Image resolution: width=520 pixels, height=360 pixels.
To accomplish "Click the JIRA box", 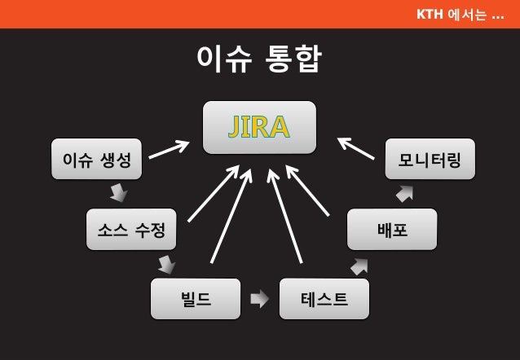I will click(x=259, y=127).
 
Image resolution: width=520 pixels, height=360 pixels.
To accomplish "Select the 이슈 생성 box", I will click(x=96, y=159).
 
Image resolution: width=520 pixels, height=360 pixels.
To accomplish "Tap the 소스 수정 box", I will click(x=131, y=229).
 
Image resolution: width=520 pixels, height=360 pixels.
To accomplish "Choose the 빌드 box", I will click(x=196, y=299).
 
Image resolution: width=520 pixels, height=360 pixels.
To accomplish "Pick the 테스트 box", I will click(x=324, y=299).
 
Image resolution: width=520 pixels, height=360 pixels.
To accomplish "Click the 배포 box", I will click(x=392, y=229).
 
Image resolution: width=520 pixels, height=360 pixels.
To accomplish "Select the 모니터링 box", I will click(x=430, y=159).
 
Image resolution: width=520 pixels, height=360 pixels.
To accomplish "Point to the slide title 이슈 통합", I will click(x=259, y=59).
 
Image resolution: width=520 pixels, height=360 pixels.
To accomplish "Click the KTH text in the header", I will click(x=430, y=14).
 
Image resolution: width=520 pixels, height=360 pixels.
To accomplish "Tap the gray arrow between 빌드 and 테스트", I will click(x=259, y=299).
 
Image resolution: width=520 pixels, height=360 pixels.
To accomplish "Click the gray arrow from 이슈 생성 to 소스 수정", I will click(x=119, y=192).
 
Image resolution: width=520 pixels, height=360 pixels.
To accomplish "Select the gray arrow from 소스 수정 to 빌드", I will click(x=166, y=264).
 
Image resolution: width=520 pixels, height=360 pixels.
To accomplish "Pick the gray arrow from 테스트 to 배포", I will click(x=359, y=266).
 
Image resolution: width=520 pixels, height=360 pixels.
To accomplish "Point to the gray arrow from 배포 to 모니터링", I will click(x=404, y=194).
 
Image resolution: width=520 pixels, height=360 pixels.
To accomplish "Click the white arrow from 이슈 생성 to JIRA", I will click(x=168, y=149).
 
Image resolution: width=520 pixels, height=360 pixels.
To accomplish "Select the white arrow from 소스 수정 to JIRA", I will click(x=213, y=194).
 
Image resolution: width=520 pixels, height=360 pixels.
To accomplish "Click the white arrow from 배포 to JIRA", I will click(x=307, y=191).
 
